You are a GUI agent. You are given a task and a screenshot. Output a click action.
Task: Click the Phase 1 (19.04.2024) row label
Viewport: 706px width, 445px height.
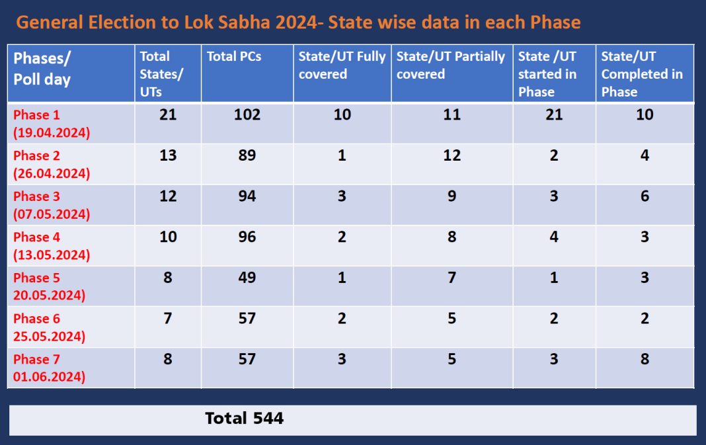click(52, 123)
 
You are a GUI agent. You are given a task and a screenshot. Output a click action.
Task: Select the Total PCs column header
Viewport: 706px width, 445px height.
click(234, 57)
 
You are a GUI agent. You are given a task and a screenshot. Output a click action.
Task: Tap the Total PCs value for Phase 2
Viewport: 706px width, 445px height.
click(247, 156)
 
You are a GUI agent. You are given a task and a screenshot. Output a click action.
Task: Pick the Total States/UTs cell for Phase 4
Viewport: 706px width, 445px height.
click(168, 237)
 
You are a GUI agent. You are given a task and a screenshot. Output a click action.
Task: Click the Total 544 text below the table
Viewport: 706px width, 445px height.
click(244, 419)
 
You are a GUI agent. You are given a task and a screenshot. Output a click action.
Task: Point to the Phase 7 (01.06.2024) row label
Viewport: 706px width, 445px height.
click(49, 368)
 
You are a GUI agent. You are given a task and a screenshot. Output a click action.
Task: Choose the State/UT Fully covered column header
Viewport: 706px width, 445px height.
click(342, 65)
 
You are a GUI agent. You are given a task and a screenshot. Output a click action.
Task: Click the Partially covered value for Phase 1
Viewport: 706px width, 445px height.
click(451, 115)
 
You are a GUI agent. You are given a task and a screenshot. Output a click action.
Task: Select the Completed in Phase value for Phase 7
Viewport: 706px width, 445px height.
click(645, 360)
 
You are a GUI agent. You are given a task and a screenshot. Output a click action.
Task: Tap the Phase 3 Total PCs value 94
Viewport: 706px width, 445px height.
click(247, 196)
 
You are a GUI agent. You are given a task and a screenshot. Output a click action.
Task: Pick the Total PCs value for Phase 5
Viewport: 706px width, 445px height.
click(247, 278)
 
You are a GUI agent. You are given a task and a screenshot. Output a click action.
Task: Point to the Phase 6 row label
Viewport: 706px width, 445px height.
click(49, 327)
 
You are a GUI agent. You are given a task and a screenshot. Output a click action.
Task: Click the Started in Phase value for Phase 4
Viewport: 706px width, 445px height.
click(554, 237)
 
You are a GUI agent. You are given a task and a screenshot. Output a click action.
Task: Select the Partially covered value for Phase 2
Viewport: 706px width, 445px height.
click(451, 156)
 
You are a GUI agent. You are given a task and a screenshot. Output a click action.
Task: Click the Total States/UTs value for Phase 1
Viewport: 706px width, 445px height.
click(168, 115)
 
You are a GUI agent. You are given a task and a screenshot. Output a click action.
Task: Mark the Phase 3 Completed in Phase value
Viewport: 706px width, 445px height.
click(645, 196)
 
